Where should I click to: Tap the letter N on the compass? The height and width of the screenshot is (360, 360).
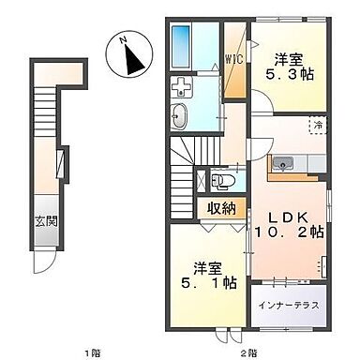(x=124, y=40)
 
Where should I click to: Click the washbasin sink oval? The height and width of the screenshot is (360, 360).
(x=181, y=116)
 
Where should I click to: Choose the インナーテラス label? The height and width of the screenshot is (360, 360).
(x=290, y=305)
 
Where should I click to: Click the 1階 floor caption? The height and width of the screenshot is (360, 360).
(x=91, y=352)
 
